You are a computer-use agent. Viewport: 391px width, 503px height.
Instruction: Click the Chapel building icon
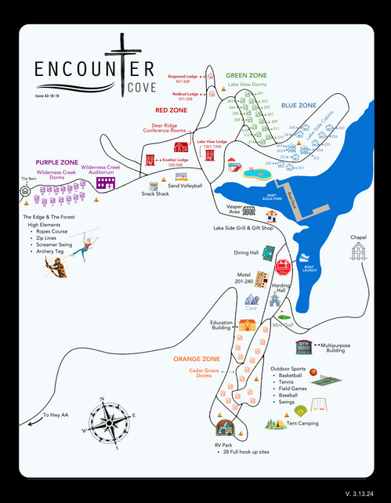pos(359,251)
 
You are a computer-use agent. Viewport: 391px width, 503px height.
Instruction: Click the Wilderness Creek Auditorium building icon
pos(106,183)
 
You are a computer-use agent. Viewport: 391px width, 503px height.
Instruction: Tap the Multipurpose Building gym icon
pos(302,345)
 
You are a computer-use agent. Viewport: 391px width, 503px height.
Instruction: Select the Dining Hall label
pos(245,253)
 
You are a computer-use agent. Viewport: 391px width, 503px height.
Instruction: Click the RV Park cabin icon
pos(225,429)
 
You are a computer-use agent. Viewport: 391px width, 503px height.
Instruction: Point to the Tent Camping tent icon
pos(274,423)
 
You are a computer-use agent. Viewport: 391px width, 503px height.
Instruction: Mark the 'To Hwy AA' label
pos(56,414)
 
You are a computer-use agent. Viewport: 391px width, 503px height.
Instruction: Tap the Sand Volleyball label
pos(185,186)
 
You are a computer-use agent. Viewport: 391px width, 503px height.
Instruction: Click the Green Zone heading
pos(247,75)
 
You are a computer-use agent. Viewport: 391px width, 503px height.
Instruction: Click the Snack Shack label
pos(155,194)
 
